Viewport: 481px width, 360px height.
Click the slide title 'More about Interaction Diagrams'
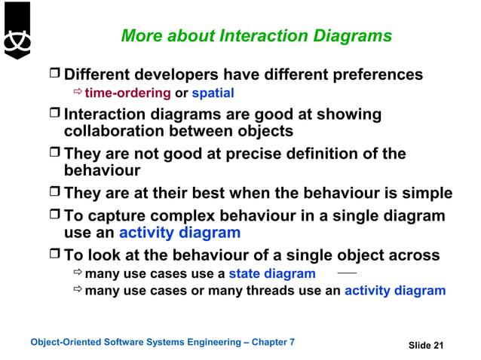[256, 35]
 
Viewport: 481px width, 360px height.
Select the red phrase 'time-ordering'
[127, 93]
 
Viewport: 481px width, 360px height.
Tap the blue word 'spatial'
[213, 93]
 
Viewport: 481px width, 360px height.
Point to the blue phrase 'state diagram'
[272, 273]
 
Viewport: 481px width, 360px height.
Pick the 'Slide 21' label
[426, 345]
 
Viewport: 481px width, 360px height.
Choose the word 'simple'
[427, 193]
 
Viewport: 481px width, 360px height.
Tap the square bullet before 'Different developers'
[54, 75]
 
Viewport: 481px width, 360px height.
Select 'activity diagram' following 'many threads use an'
[395, 291]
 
